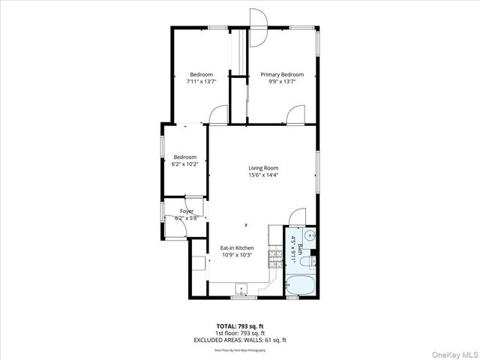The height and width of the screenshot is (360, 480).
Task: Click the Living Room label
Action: [263, 168]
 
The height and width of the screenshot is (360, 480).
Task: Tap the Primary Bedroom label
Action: [282, 74]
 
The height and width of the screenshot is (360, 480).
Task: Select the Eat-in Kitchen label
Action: [236, 247]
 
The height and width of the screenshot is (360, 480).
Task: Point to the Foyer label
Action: [186, 211]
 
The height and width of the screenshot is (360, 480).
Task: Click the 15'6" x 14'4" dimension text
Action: [263, 175]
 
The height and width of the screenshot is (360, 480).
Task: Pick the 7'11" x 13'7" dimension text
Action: [201, 81]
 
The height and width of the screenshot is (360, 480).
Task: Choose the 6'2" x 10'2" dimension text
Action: [184, 163]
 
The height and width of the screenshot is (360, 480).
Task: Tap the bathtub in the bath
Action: [301, 286]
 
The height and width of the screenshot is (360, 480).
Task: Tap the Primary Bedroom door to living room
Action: [295, 115]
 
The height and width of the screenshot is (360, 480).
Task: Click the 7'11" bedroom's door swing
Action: [218, 115]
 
